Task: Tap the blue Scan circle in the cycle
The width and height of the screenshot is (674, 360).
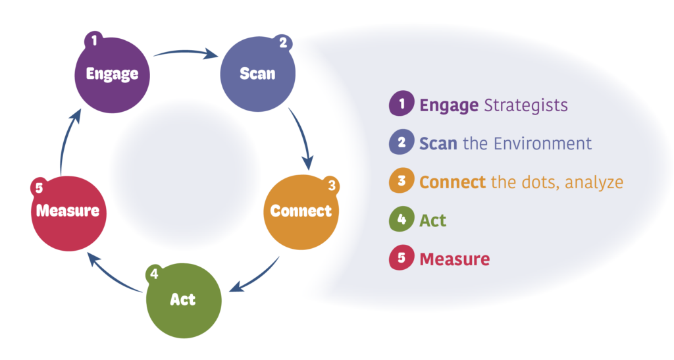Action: pyautogui.click(x=257, y=74)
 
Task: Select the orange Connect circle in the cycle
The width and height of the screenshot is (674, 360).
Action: pyautogui.click(x=301, y=212)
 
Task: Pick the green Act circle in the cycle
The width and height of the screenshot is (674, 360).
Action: pyautogui.click(x=183, y=299)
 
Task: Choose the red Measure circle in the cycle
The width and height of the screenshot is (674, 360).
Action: pyautogui.click(x=68, y=212)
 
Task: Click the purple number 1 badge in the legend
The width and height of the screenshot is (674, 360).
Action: pyautogui.click(x=401, y=104)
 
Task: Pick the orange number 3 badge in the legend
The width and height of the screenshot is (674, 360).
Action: pyautogui.click(x=401, y=182)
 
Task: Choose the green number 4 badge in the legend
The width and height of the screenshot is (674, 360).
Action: pyautogui.click(x=401, y=220)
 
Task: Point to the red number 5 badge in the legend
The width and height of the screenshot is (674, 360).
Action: pyautogui.click(x=401, y=259)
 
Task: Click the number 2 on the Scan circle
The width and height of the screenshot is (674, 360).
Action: pyautogui.click(x=283, y=45)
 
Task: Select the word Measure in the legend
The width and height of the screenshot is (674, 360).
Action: pyautogui.click(x=455, y=259)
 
